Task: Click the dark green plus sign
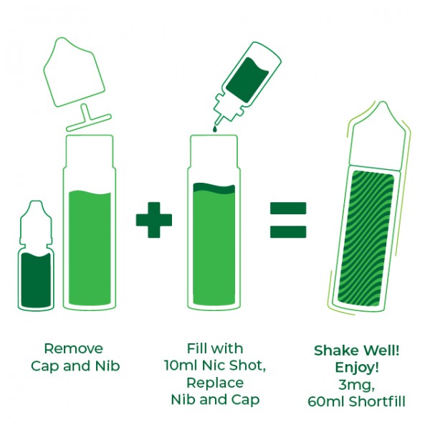click(154, 220)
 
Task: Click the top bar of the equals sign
click(288, 208)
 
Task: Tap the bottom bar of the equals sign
click(288, 231)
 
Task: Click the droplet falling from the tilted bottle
click(215, 128)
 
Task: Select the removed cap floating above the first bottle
click(74, 72)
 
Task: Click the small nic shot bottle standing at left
click(36, 256)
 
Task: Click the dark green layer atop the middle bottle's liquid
click(214, 188)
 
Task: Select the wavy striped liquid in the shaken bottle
click(365, 239)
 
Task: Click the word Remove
click(74, 349)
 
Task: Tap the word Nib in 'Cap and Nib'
click(107, 366)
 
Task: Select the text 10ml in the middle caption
click(181, 365)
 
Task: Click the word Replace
click(215, 383)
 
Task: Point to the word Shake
click(335, 350)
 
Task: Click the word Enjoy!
click(357, 368)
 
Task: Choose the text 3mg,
click(356, 386)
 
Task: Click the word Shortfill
click(377, 402)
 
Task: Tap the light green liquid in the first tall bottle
click(90, 248)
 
